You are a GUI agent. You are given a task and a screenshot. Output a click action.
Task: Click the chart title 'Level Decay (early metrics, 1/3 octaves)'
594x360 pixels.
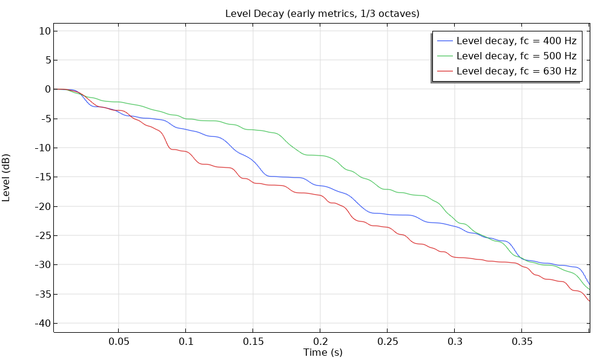[322, 13]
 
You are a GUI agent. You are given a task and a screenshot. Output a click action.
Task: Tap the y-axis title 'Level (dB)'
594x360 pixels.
[7, 177]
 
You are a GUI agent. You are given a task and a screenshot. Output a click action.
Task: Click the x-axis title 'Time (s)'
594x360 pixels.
[323, 352]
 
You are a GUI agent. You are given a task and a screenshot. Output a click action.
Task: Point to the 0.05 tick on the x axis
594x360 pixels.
[119, 341]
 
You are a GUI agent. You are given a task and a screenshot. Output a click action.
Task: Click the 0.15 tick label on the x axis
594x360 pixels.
[253, 341]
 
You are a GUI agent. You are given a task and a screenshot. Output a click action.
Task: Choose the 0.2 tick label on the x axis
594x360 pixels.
[320, 341]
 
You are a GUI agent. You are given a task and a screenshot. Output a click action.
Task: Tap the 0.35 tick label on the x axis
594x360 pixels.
[522, 341]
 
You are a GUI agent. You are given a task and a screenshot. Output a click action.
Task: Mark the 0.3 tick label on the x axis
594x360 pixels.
[455, 341]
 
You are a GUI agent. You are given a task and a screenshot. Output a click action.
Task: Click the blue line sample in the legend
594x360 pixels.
[445, 41]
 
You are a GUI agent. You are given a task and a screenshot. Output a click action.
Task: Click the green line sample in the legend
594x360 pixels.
[445, 56]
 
